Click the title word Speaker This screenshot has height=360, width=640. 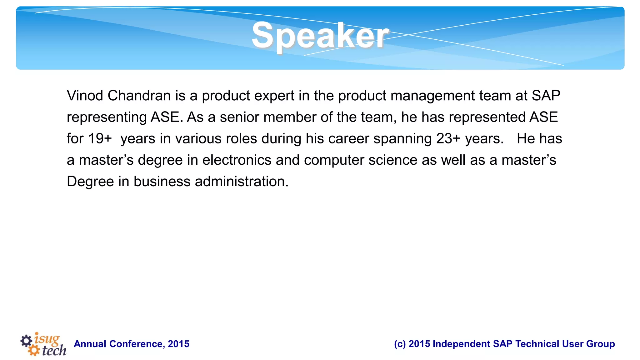320,36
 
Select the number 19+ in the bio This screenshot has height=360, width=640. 100,138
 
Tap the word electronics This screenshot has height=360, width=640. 237,160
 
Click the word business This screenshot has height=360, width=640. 162,182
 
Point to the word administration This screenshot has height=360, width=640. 242,182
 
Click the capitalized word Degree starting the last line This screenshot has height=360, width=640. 90,182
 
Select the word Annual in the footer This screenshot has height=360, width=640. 90,344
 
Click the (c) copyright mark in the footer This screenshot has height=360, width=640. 400,344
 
